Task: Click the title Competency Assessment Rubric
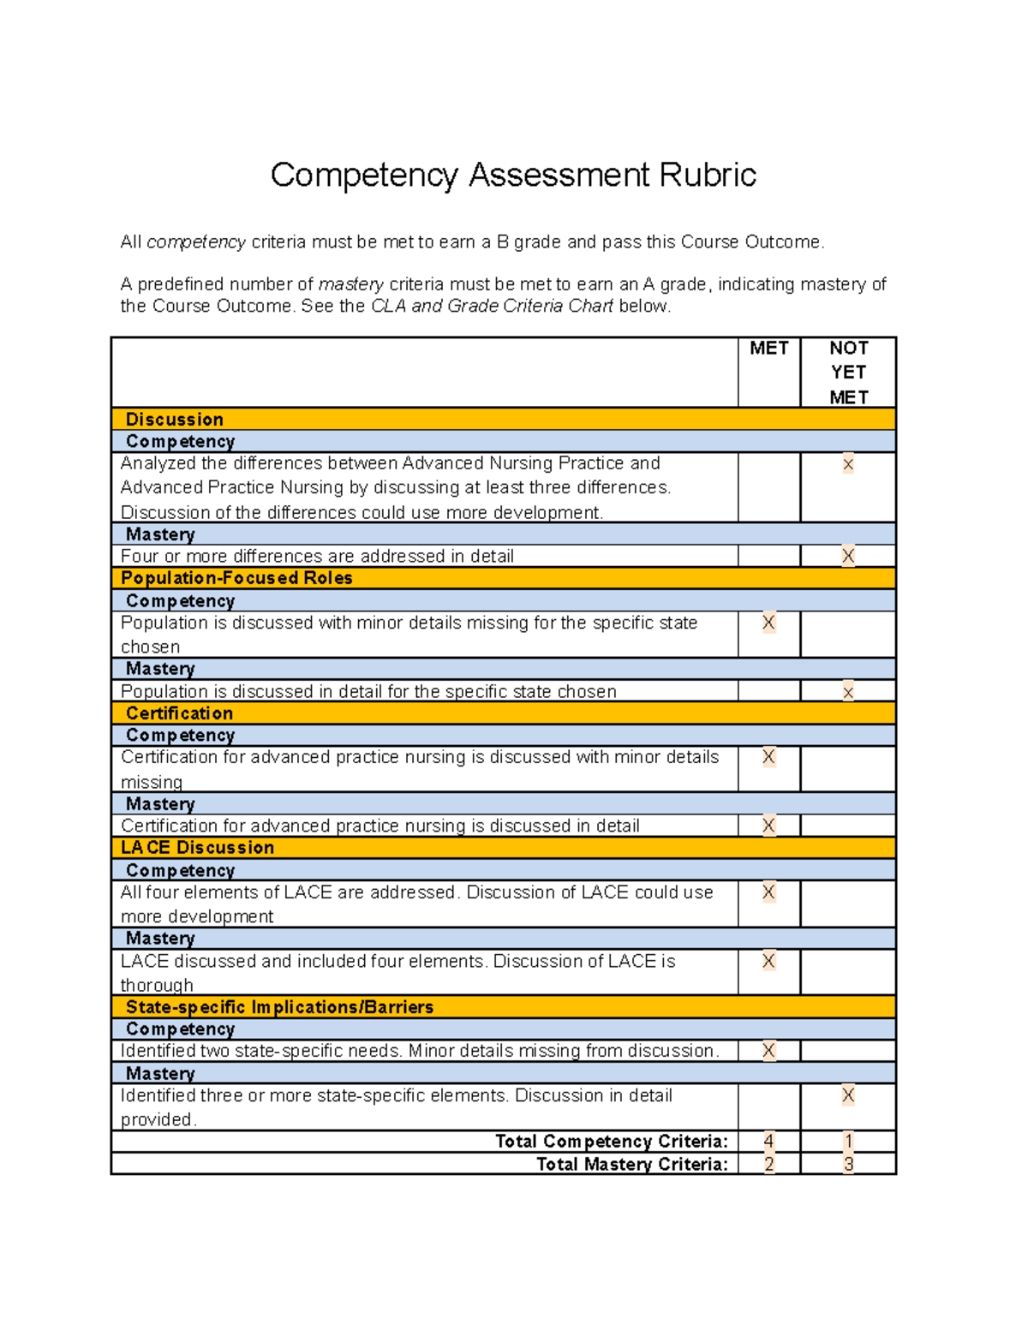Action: pyautogui.click(x=513, y=175)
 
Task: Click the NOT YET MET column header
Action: pyautogui.click(x=848, y=373)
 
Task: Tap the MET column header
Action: pyautogui.click(x=768, y=348)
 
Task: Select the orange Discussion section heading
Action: pyautogui.click(x=175, y=419)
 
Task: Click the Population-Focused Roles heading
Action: pyautogui.click(x=236, y=578)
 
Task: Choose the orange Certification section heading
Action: pyautogui.click(x=179, y=713)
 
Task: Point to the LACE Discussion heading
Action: pyautogui.click(x=198, y=847)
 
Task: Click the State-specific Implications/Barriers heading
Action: pyautogui.click(x=279, y=1007)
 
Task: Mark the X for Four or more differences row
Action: pyautogui.click(x=848, y=556)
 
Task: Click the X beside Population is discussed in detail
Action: pyautogui.click(x=848, y=692)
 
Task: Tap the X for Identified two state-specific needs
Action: pyautogui.click(x=768, y=1051)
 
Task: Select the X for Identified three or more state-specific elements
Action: pyautogui.click(x=848, y=1095)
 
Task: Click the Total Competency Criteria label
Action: pyautogui.click(x=611, y=1142)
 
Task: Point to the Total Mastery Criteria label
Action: pyautogui.click(x=631, y=1164)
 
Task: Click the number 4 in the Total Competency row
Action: pyautogui.click(x=768, y=1142)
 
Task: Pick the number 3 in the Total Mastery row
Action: pyautogui.click(x=848, y=1164)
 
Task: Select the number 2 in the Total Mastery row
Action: pyautogui.click(x=768, y=1164)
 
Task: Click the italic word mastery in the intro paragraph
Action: pyautogui.click(x=350, y=284)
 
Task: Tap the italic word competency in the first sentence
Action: pyautogui.click(x=196, y=242)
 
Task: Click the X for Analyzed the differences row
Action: pyautogui.click(x=848, y=465)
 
